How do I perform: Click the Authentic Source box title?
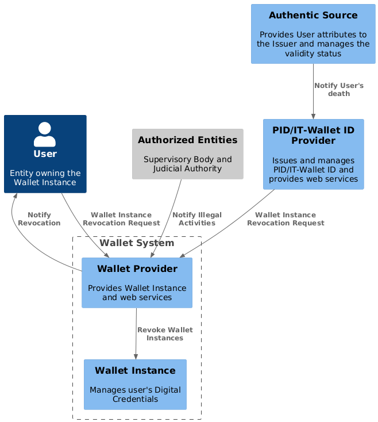click(x=313, y=15)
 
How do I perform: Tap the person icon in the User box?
click(x=45, y=134)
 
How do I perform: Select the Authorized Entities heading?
click(x=188, y=140)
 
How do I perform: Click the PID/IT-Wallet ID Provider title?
click(x=313, y=135)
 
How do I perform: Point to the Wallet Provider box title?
click(x=137, y=268)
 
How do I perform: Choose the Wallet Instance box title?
click(x=135, y=370)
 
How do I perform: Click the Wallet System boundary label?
click(x=137, y=243)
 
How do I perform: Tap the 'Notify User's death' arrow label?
click(x=339, y=90)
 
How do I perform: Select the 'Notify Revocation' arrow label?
click(x=39, y=219)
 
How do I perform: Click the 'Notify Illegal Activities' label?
click(x=197, y=219)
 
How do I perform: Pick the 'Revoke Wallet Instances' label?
click(x=165, y=333)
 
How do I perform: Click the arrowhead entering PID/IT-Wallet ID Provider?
click(x=313, y=116)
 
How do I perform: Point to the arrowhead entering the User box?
click(x=16, y=195)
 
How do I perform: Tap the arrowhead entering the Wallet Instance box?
click(x=136, y=356)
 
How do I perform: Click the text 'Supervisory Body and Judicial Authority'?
click(x=188, y=164)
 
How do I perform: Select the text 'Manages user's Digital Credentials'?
click(x=135, y=394)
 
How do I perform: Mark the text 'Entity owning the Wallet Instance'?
click(x=45, y=178)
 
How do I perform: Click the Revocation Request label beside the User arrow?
click(x=121, y=219)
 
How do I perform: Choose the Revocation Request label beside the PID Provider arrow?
click(x=286, y=219)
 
